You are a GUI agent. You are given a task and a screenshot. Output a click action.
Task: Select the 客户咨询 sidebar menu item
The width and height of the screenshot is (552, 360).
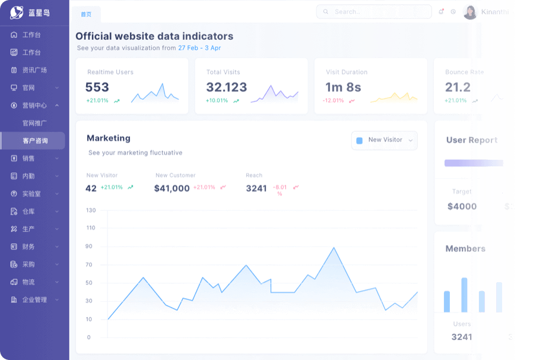[x=35, y=141]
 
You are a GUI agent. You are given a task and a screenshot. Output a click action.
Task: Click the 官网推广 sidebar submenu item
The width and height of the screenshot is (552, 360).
[x=34, y=123]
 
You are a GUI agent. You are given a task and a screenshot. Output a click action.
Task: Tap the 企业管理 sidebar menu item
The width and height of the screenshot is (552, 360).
[x=34, y=299]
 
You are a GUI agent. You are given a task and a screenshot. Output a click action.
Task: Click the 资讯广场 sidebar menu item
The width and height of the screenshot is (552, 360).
[x=34, y=70]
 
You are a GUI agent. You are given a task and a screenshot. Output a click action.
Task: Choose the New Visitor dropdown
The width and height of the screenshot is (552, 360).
[x=384, y=140]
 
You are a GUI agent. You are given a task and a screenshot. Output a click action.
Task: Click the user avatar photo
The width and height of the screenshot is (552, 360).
[x=470, y=12]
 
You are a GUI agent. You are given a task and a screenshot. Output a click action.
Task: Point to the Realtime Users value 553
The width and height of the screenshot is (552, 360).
[x=97, y=87]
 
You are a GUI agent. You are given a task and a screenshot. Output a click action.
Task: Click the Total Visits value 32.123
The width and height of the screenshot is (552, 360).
[x=226, y=87]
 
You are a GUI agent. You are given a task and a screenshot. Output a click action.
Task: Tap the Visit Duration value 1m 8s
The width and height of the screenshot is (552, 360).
[x=343, y=87]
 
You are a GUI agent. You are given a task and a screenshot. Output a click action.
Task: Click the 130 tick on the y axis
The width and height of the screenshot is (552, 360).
[x=91, y=210]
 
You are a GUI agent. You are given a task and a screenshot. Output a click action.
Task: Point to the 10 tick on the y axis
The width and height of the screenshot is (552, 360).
[x=89, y=319]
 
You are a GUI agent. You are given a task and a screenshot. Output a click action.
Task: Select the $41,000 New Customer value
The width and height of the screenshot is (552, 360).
[x=172, y=188]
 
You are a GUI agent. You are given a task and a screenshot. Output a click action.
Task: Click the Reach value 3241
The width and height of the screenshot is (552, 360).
[x=256, y=188]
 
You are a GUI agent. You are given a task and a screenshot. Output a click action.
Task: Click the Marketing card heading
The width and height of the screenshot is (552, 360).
[x=109, y=138]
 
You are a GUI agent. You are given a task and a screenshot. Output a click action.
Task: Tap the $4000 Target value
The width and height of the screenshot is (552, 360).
[x=462, y=206]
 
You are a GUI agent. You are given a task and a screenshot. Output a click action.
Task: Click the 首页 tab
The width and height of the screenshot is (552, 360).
[x=86, y=14]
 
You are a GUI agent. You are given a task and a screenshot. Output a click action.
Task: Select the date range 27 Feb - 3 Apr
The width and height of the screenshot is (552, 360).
[x=199, y=48]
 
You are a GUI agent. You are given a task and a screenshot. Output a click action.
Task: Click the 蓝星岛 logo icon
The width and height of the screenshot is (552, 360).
[x=17, y=12]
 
